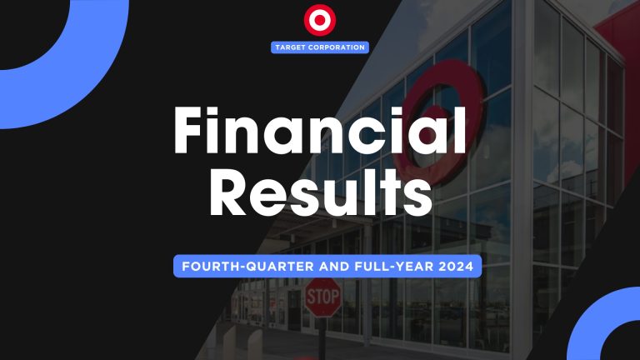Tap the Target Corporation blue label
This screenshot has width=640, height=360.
click(320, 47)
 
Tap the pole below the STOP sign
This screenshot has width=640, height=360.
click(322, 337)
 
